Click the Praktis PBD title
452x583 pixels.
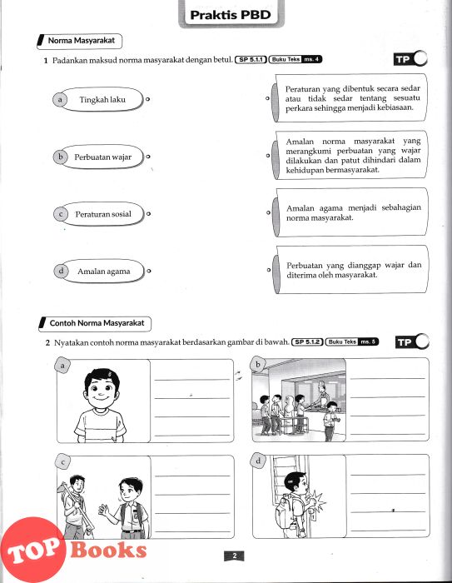click(x=231, y=15)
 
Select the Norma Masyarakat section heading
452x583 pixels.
click(x=80, y=41)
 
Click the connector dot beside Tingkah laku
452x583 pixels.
click(x=148, y=99)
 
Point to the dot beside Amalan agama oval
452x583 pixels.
click(x=149, y=271)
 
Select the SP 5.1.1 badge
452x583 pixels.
click(x=251, y=59)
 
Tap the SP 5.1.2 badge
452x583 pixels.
click(x=307, y=342)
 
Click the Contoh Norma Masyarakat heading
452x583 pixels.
click(x=95, y=323)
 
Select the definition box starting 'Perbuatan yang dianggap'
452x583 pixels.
click(x=350, y=270)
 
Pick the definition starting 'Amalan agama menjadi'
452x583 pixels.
click(x=350, y=212)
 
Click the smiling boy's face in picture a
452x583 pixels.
click(x=102, y=389)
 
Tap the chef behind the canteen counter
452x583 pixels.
click(x=322, y=394)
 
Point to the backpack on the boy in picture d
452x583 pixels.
click(x=285, y=511)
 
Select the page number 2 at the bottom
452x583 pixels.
click(x=234, y=556)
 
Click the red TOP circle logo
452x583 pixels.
click(x=33, y=550)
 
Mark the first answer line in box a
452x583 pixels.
click(x=192, y=380)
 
